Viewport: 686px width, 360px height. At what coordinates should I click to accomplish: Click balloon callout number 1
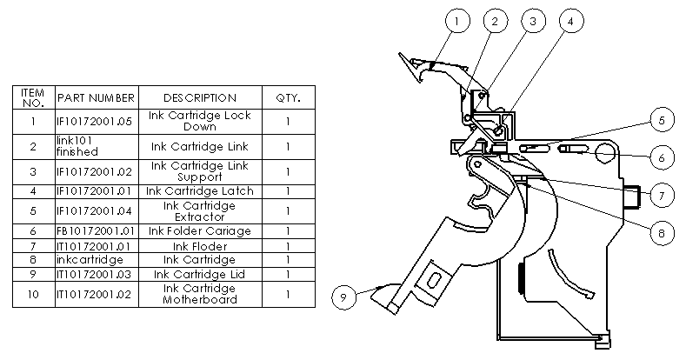point(459,20)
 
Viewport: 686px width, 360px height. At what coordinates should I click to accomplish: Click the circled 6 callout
point(660,157)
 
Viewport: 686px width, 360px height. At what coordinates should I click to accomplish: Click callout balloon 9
point(343,297)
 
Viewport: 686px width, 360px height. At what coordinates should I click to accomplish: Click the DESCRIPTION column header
point(199,97)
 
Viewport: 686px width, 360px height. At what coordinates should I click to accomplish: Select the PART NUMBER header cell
point(96,97)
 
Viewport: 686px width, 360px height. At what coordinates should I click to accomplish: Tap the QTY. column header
point(288,97)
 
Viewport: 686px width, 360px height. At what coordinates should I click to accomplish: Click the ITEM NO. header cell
point(32,97)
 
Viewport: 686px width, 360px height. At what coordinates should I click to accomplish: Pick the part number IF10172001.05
point(96,122)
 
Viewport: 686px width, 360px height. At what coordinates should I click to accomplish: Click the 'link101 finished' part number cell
point(96,146)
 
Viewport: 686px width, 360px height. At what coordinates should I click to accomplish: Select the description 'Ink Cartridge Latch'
point(199,190)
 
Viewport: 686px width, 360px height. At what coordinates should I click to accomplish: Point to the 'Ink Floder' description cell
point(199,245)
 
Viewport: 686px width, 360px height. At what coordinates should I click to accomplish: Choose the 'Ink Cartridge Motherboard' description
point(199,294)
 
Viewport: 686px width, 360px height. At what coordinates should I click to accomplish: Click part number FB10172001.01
point(96,231)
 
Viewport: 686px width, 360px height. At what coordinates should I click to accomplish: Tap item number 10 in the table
point(32,294)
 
